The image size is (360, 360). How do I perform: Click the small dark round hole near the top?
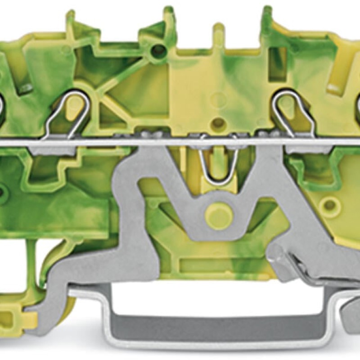pyautogui.click(x=158, y=51)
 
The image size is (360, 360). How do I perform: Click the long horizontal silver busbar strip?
pyautogui.click(x=180, y=142)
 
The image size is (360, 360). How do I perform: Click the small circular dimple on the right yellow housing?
pyautogui.click(x=330, y=205)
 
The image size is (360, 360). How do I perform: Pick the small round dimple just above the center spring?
pyautogui.click(x=219, y=122)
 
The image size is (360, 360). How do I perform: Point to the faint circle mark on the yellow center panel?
pyautogui.click(x=219, y=100)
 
